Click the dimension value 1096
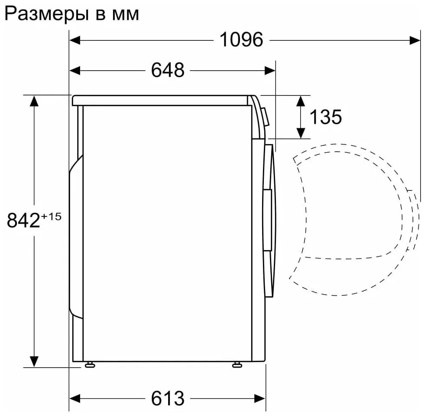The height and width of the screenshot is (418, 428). pyautogui.click(x=241, y=40)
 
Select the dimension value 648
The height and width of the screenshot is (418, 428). pyautogui.click(x=168, y=70)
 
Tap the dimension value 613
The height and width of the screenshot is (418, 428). pyautogui.click(x=168, y=398)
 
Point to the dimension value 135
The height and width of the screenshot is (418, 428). pyautogui.click(x=325, y=117)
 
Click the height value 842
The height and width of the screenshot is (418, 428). pyautogui.click(x=23, y=220)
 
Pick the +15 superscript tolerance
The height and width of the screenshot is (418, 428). pyautogui.click(x=51, y=217)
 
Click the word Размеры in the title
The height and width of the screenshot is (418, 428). pyautogui.click(x=47, y=14)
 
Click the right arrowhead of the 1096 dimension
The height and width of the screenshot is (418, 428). pyautogui.click(x=415, y=40)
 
